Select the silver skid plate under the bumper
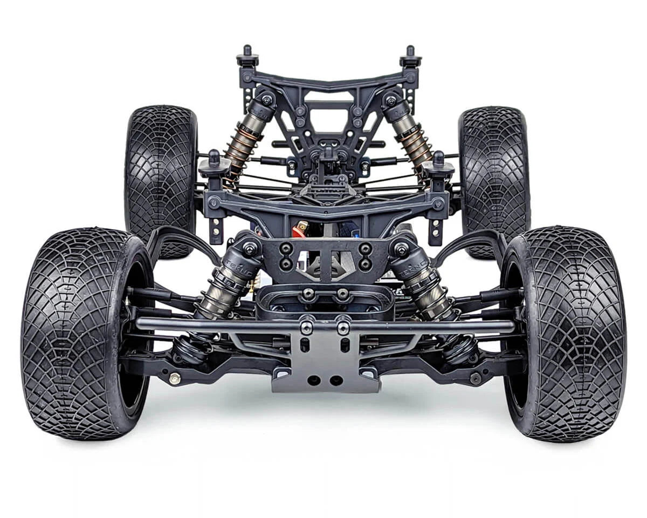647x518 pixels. click(326, 362)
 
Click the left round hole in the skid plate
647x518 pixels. click(314, 380)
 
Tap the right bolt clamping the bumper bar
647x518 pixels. click(343, 326)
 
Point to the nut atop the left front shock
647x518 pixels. click(250, 249)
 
